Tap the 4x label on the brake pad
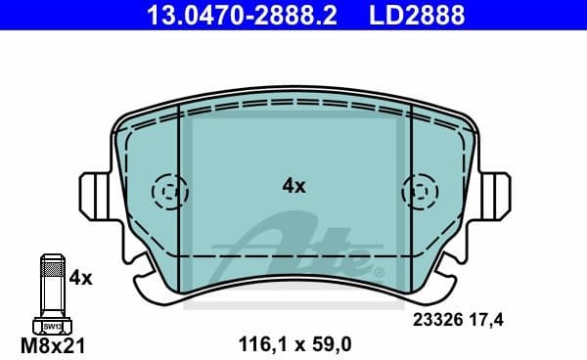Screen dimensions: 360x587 [x=293, y=185]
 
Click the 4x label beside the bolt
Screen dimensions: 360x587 [x=80, y=278]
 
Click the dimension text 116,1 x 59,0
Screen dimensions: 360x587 [x=294, y=342]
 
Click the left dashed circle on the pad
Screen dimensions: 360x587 [x=169, y=188]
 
